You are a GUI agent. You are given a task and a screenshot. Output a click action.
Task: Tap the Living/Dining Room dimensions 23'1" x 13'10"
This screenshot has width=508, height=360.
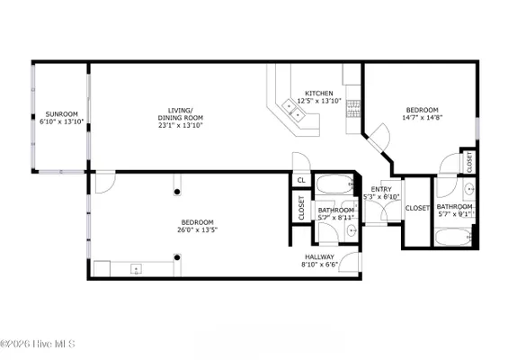180,125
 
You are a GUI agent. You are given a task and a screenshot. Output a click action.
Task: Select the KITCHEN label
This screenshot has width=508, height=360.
318,93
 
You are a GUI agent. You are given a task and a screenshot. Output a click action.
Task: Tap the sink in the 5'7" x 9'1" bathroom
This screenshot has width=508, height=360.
468,189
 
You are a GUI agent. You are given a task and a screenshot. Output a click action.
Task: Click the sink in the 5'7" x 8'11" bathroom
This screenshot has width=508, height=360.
351,231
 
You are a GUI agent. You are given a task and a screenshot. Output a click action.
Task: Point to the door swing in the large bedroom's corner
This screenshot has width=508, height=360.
104,181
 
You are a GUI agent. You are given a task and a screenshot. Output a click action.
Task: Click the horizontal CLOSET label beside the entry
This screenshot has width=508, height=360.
416,208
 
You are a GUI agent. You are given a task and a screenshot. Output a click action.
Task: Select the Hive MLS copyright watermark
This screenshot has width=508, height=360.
38,344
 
